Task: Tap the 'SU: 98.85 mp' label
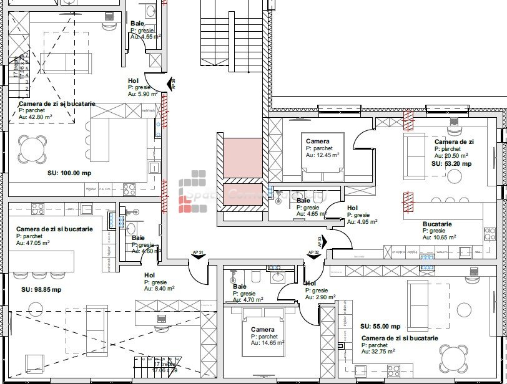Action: point(41,289)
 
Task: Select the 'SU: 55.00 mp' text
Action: point(380,326)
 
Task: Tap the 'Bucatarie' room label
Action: point(437,224)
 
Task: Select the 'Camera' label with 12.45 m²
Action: point(317,142)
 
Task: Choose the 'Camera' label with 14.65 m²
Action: point(262,329)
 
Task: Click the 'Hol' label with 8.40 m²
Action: point(149,275)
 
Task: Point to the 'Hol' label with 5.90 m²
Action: point(133,80)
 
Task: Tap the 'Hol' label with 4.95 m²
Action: point(352,208)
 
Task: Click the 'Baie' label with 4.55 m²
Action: point(137,23)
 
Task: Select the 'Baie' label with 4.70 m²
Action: point(240,286)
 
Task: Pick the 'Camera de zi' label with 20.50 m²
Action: point(454,142)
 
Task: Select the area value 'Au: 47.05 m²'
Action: point(33,243)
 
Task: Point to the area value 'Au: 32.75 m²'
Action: point(378,352)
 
